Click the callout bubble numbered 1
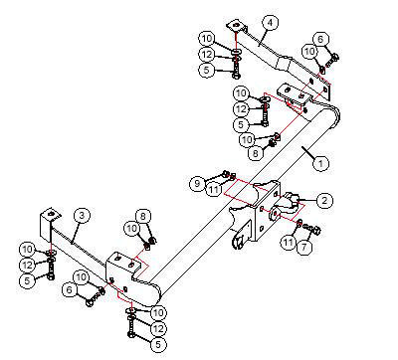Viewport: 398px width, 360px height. coord(320,163)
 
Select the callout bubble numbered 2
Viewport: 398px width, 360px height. coord(324,200)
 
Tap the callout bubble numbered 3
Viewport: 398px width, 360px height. coord(82,216)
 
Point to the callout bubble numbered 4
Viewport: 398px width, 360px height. coord(270,23)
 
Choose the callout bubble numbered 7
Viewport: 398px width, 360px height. coord(304,247)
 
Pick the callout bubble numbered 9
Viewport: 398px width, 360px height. coord(198,183)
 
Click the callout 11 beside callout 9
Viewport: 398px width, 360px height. coord(214,189)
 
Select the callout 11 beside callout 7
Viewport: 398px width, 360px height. coord(288,242)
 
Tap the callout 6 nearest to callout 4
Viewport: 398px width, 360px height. coord(320,39)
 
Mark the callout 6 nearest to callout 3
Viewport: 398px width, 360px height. coord(70,290)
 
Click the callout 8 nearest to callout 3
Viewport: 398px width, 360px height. coord(143,217)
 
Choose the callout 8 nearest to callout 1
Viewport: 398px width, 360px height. coord(256,153)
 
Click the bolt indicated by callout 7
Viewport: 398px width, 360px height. coord(313,229)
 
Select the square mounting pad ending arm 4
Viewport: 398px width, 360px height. coord(236,25)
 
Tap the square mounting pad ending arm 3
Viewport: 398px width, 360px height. coord(51,214)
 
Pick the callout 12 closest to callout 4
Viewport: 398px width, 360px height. coord(207,54)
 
